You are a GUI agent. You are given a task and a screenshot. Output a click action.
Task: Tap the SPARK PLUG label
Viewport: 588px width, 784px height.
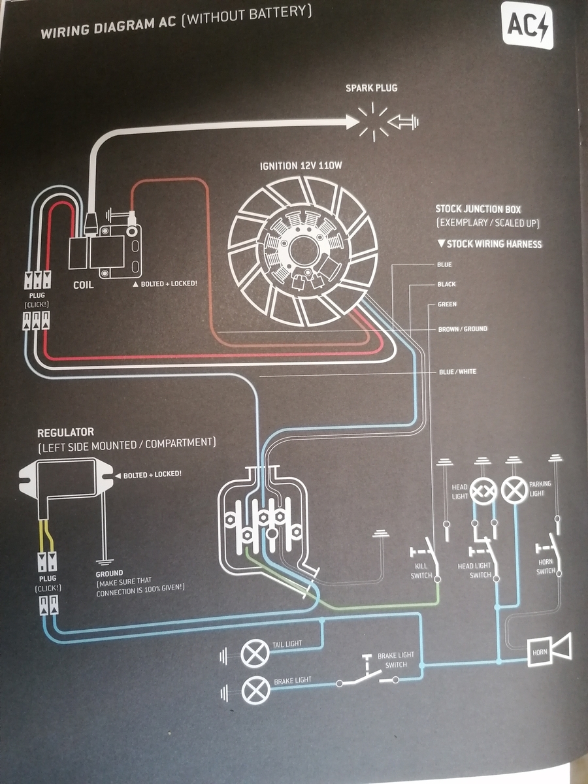point(371,88)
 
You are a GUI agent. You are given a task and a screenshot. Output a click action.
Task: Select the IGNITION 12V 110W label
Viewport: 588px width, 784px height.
point(301,166)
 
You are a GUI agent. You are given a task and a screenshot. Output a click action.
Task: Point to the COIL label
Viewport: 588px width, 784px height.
point(84,285)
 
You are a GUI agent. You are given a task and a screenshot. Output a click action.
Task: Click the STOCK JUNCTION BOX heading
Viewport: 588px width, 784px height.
point(478,210)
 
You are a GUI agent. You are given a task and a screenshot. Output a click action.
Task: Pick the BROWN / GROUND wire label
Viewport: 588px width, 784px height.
point(463,329)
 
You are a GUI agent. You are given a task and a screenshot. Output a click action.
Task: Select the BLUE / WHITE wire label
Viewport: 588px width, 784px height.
point(457,372)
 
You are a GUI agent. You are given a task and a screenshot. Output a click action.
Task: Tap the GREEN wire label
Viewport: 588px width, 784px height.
point(447,304)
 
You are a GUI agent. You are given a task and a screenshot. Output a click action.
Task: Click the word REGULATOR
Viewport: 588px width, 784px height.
point(65,433)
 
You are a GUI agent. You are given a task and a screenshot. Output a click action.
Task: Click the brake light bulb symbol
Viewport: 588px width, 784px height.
point(255,690)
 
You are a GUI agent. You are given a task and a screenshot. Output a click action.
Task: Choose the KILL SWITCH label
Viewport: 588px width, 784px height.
point(421,572)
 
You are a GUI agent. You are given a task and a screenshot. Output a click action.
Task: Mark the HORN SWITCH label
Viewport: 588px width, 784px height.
point(546,567)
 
